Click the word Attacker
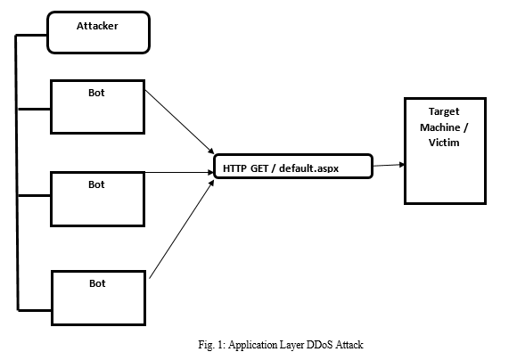97,26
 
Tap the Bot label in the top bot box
96,93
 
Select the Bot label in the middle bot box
96,184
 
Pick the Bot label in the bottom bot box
97,283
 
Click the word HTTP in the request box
234,168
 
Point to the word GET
259,168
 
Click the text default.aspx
309,168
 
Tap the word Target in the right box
444,111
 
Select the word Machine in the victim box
440,127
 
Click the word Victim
444,143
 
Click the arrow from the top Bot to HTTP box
180,122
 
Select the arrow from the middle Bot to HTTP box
179,172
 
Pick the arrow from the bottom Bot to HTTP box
182,229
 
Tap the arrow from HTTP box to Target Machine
389,165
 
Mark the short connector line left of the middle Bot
34,195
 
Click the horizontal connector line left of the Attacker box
31,35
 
